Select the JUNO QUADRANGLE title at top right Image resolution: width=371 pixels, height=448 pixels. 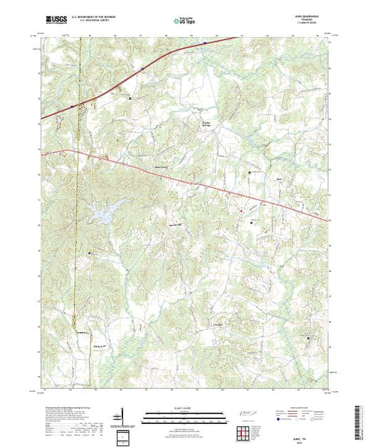point(314,17)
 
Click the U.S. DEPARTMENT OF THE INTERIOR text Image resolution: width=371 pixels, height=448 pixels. point(97,18)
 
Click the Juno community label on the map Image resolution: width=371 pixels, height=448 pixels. point(279,178)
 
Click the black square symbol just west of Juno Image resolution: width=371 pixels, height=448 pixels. point(249,173)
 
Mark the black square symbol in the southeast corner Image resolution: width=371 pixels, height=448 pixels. point(308,339)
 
